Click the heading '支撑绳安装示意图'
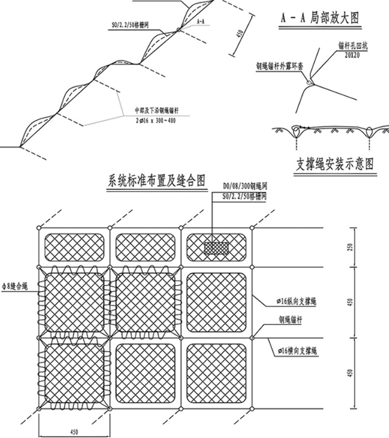click(x=334, y=163)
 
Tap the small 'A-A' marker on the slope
click(x=200, y=21)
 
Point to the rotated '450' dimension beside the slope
click(x=239, y=34)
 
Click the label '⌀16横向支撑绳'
click(x=291, y=350)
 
